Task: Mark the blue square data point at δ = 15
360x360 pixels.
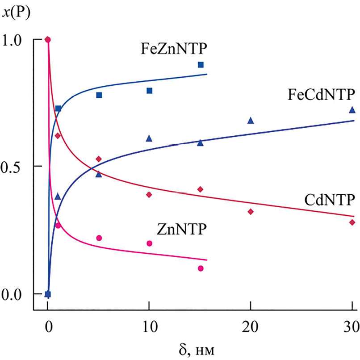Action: pos(201,65)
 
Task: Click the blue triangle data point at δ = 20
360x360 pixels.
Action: pos(251,120)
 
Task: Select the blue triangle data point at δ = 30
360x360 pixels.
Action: pos(352,109)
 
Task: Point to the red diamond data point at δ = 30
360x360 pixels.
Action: pos(352,222)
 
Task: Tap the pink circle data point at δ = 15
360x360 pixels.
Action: pos(201,268)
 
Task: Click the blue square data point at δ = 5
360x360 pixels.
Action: pos(99,95)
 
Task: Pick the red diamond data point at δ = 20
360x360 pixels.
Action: pos(251,212)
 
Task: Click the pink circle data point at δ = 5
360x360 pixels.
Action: pos(99,238)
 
